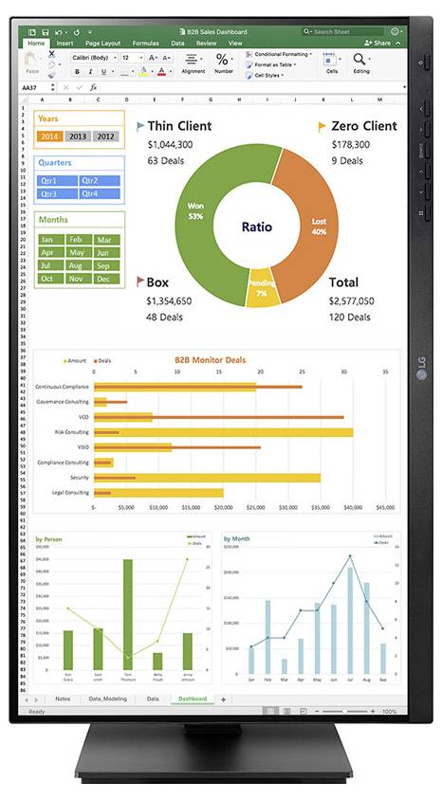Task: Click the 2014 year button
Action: coord(48,136)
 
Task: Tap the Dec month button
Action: coord(103,279)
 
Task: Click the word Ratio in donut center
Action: coord(256,227)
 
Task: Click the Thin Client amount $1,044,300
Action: coord(171,144)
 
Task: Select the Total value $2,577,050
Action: coord(351,300)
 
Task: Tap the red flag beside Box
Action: coord(139,281)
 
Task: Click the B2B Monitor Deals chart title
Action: coord(210,360)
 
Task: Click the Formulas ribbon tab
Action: coord(146,43)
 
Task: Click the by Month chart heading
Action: coord(237,538)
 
